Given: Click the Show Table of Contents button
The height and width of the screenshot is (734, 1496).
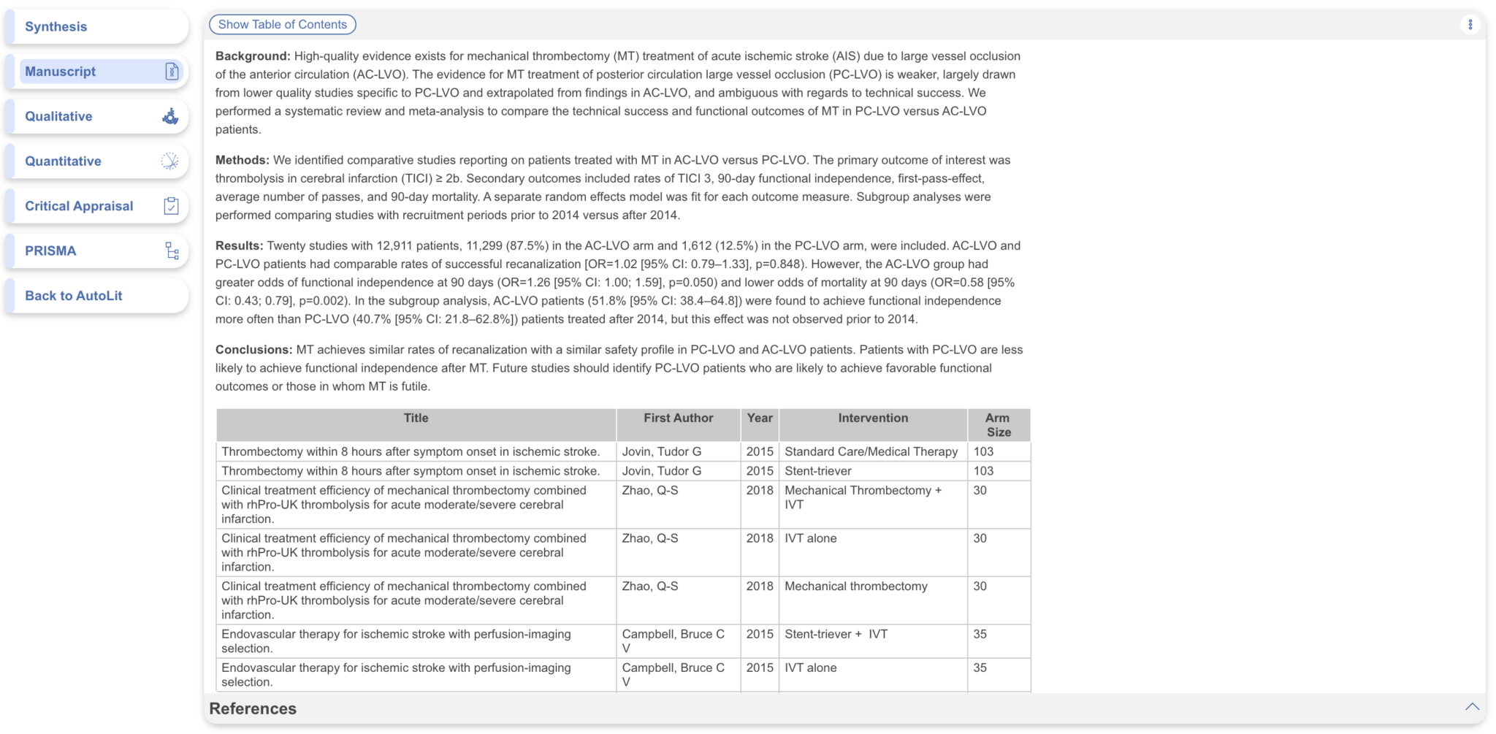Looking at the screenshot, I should pos(282,25).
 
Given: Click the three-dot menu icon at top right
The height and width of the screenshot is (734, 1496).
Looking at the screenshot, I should pos(1470,25).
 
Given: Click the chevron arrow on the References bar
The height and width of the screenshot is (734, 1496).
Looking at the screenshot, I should pos(1471,707).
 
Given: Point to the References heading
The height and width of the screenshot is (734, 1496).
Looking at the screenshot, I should pos(253,708).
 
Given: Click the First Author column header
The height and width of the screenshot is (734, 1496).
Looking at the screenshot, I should pos(678,418).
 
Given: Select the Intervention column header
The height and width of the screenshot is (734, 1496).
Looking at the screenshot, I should pos(873,418).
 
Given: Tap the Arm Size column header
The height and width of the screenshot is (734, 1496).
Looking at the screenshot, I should pos(998,425).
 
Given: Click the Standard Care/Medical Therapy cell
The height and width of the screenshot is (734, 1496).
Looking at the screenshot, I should pos(871,452).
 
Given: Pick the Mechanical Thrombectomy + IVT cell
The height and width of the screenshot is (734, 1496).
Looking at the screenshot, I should pos(863,497).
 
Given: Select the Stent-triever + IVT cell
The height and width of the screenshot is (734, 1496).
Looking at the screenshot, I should pos(836,634).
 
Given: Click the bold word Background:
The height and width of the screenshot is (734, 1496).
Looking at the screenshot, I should pos(252,56).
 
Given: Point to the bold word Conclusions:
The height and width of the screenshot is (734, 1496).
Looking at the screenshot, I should pos(253,350).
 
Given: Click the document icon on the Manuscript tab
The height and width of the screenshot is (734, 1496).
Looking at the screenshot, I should pos(172,72).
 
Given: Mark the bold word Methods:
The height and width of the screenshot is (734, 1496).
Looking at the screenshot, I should pos(242,160).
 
